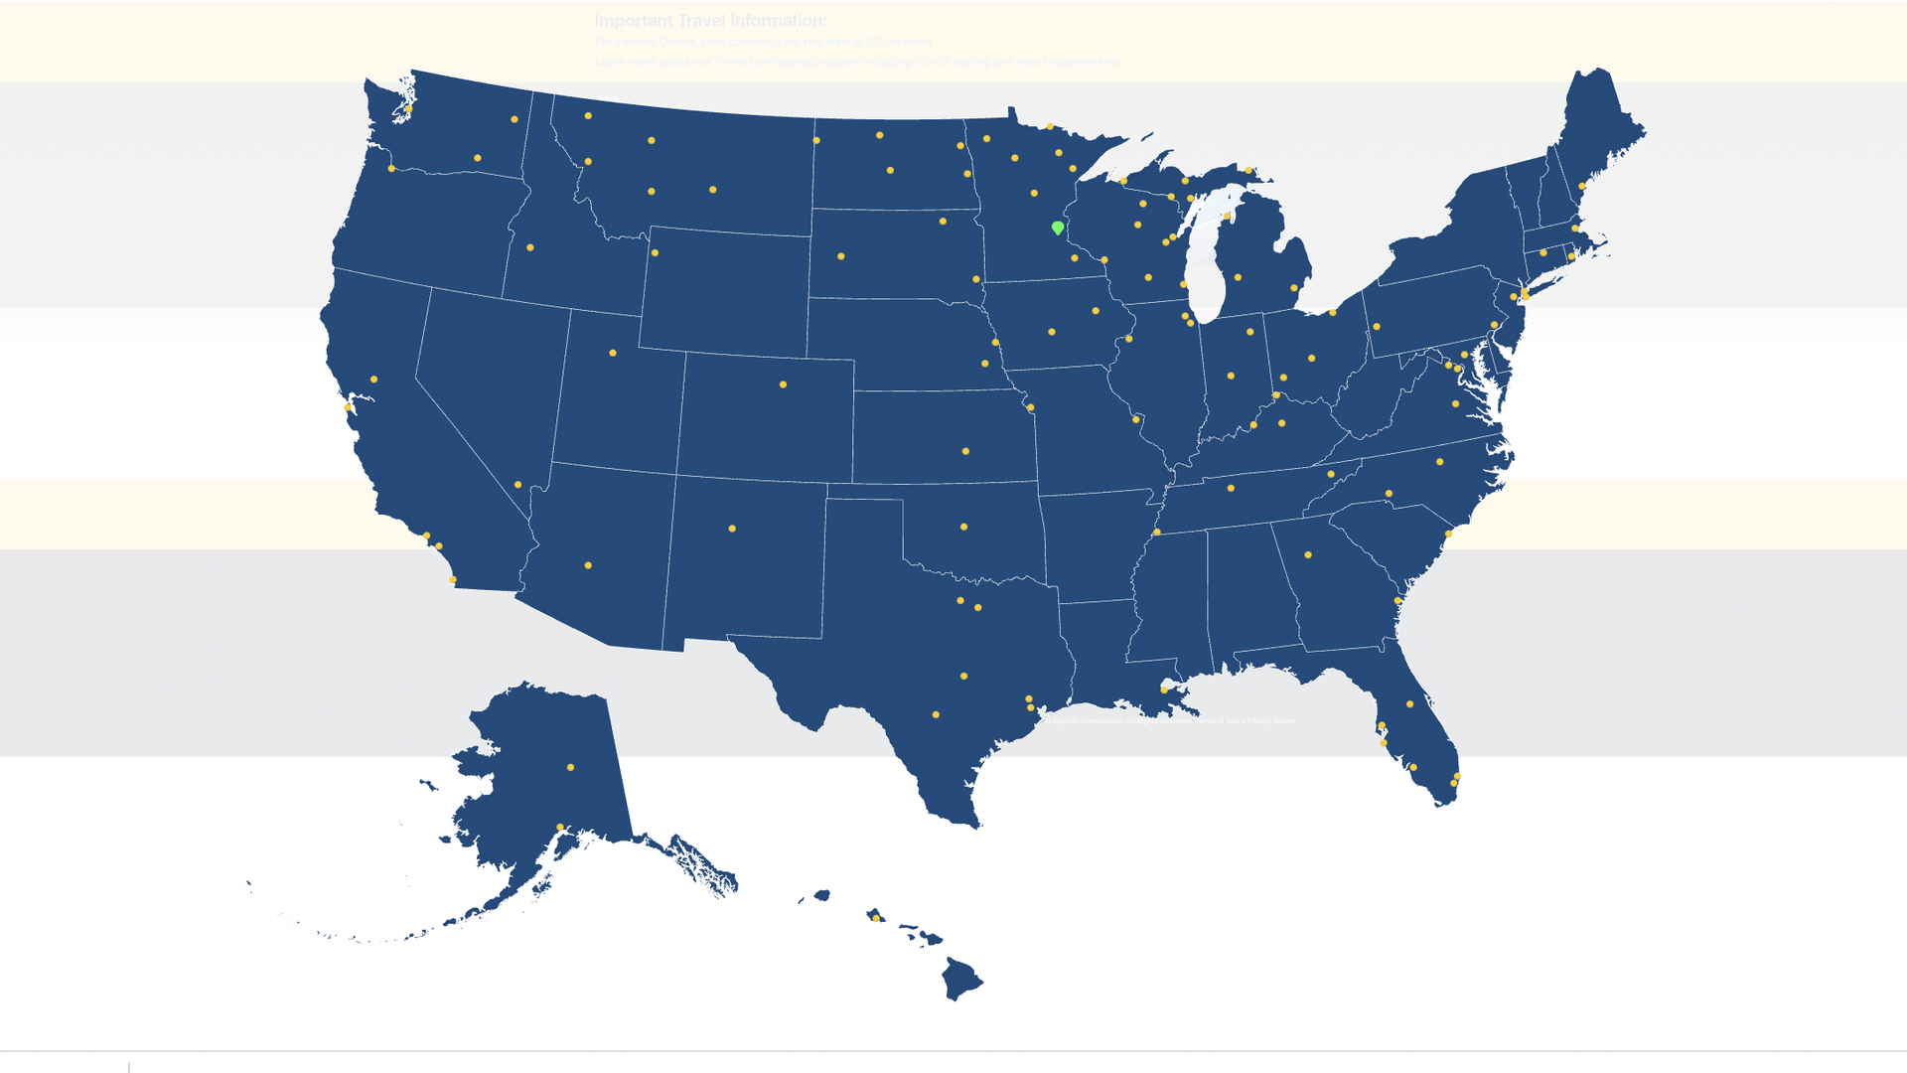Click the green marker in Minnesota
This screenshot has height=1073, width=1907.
(1058, 228)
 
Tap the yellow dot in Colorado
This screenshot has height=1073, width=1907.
(783, 384)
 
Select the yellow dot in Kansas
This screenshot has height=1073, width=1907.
(965, 451)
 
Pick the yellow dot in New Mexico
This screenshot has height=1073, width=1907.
(732, 529)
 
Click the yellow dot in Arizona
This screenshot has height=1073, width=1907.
(588, 565)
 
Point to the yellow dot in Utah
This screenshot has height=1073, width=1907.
(613, 353)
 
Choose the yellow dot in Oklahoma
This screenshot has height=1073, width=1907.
(963, 527)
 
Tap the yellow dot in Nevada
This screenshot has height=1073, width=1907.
(517, 485)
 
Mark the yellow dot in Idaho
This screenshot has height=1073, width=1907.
(530, 247)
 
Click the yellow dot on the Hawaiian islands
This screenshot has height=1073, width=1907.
(875, 918)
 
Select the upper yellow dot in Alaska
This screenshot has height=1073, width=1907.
(570, 767)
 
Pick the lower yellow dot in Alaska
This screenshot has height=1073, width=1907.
(560, 827)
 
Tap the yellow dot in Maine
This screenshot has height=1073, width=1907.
(1582, 186)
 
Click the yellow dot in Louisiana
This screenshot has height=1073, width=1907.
(1164, 690)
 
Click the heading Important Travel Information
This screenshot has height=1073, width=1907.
(710, 21)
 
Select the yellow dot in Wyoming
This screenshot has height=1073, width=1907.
(655, 253)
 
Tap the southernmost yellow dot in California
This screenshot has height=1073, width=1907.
(453, 579)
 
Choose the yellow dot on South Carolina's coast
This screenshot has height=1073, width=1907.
(1448, 534)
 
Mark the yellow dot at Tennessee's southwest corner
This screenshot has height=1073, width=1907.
(1156, 533)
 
